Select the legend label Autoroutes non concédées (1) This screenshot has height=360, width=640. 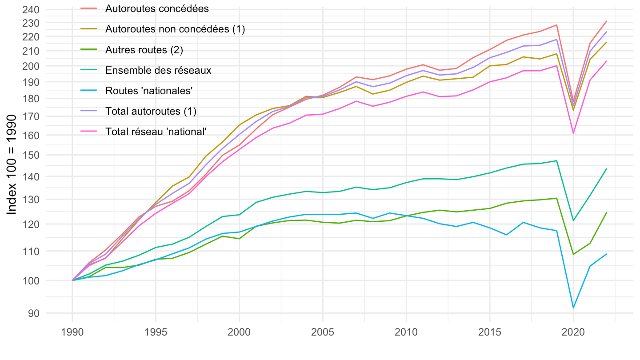175,29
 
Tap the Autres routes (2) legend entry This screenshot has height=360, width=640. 144,50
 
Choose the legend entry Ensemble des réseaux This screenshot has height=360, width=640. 158,70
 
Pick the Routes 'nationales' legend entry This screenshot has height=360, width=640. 149,91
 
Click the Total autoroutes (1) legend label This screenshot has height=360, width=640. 151,111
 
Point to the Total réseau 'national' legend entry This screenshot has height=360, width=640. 156,132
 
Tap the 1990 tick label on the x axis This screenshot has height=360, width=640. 72,334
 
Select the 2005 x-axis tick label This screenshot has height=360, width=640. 323,334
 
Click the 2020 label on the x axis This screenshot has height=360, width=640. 573,334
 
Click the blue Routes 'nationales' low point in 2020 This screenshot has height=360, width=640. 573,308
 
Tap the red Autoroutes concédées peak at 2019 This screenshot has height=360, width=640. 556,25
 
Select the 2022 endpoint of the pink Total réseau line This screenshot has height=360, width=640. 607,61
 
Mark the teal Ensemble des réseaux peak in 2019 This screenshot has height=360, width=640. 556,161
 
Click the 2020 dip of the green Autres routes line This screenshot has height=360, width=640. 573,254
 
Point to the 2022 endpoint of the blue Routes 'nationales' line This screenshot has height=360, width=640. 607,254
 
